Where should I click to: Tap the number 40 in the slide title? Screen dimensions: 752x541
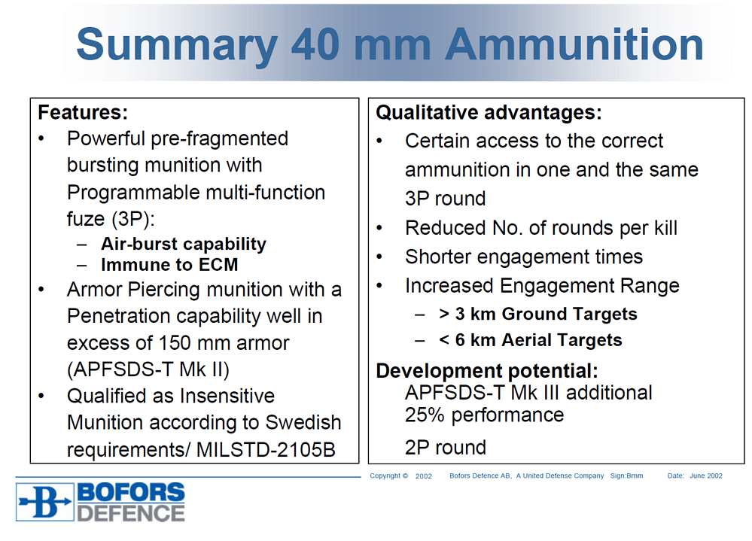click(x=315, y=44)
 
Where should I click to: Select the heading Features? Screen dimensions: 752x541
click(x=83, y=112)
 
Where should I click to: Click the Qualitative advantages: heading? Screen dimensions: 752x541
click(x=489, y=113)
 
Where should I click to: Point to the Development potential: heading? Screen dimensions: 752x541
click(x=487, y=371)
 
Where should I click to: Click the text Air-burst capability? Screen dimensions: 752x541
click(x=184, y=244)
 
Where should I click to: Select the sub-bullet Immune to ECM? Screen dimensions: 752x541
click(x=169, y=265)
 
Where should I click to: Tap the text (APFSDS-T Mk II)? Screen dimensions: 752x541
click(x=148, y=369)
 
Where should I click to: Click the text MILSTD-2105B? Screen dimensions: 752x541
click(x=266, y=449)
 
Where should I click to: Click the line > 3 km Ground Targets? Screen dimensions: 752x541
click(x=538, y=314)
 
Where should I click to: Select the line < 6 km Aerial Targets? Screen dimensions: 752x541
click(x=531, y=340)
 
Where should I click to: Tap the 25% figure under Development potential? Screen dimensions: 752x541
click(x=425, y=415)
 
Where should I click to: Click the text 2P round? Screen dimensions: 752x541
click(x=446, y=448)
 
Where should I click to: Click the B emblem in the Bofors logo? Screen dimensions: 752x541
click(x=44, y=502)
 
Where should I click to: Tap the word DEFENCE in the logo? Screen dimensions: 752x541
click(x=131, y=513)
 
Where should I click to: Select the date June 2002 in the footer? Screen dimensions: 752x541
click(x=706, y=476)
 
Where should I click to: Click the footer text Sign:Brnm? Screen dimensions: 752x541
click(x=626, y=476)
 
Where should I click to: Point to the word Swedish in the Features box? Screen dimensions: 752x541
click(x=303, y=423)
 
